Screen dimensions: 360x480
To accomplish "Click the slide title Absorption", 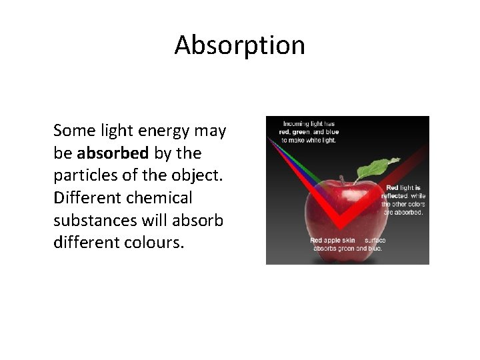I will coord(240,45).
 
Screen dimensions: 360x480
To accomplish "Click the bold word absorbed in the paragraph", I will coord(113,153).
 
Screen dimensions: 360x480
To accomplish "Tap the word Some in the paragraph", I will coord(73,131).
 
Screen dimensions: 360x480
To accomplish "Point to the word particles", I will coord(82,176).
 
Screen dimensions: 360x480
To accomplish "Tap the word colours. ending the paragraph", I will coord(154,242).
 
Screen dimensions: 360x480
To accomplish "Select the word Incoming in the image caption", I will coord(297,123).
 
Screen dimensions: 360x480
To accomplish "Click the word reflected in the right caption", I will coord(393,196).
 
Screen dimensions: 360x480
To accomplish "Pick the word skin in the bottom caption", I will coord(350,240).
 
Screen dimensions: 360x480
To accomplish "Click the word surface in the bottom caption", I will coord(375,240).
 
